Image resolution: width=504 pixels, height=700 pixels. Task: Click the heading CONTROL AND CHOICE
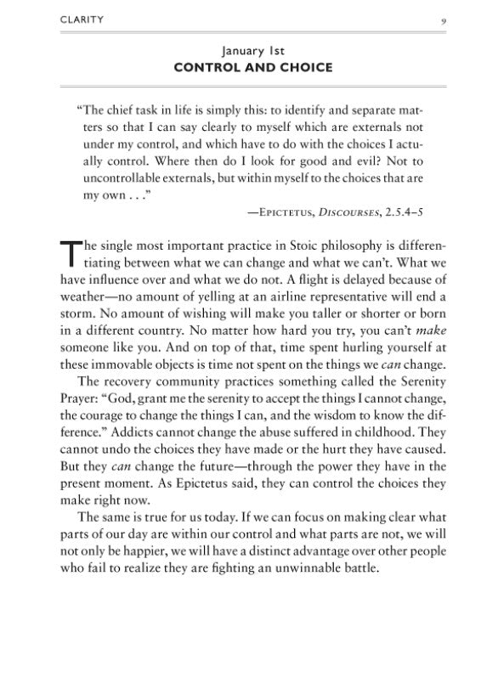click(x=252, y=66)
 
